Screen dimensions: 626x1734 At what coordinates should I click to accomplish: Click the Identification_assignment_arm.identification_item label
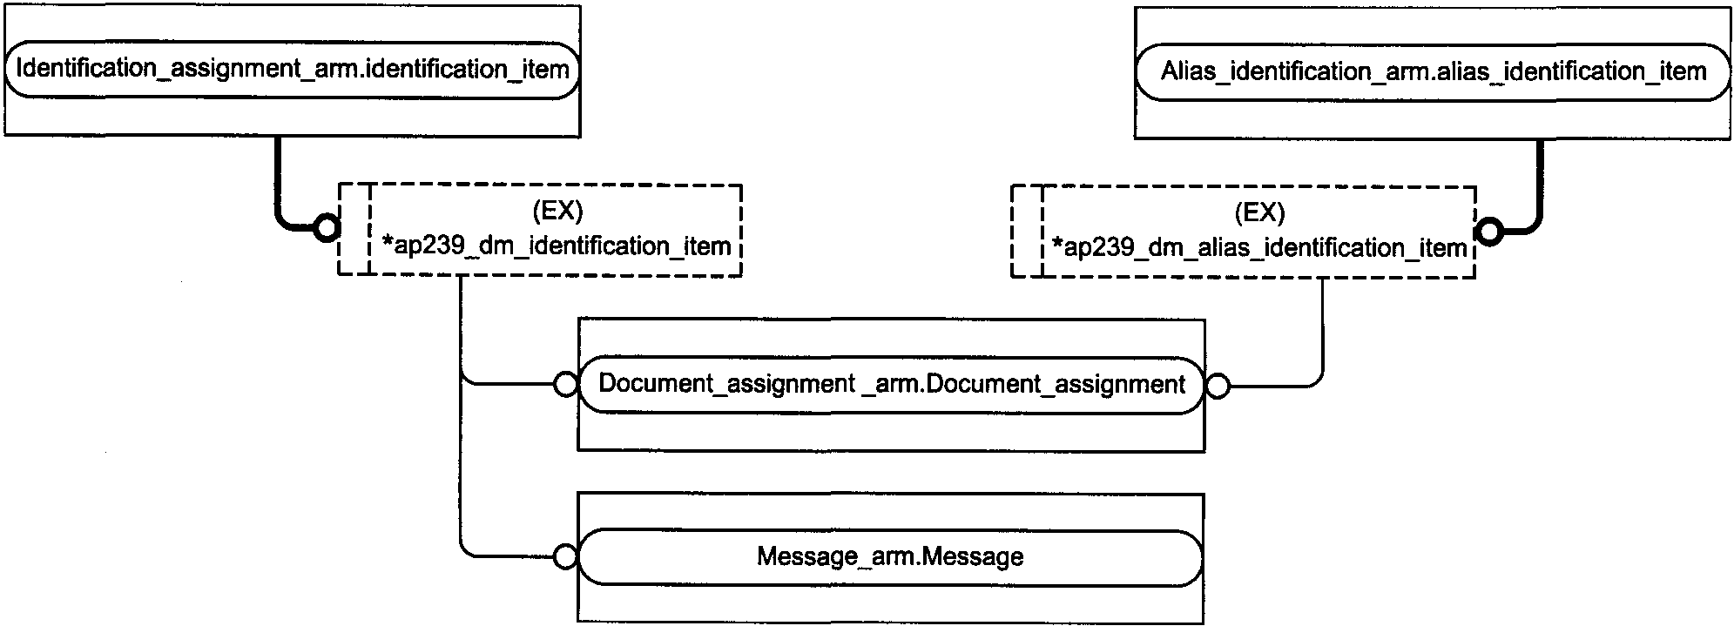[x=293, y=70]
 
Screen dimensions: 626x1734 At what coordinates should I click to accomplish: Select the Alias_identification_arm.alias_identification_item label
[x=1433, y=71]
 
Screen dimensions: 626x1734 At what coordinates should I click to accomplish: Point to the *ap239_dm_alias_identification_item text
[x=1259, y=249]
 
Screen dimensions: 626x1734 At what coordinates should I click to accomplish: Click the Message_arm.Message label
[x=890, y=557]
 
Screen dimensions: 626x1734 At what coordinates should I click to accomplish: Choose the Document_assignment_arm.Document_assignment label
[x=892, y=384]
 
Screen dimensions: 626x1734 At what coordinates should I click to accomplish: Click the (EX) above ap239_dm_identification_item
[x=557, y=212]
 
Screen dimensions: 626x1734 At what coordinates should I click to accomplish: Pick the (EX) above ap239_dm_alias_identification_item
[x=1259, y=212]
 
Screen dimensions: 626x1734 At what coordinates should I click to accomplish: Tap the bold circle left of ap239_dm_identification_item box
[x=327, y=229]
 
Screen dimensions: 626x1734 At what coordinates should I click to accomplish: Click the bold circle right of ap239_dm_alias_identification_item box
[x=1489, y=232]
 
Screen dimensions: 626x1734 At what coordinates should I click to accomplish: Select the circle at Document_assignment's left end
[x=565, y=384]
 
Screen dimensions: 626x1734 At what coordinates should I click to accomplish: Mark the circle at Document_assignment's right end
[x=1218, y=386]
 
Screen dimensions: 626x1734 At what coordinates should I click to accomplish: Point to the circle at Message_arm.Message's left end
[x=565, y=557]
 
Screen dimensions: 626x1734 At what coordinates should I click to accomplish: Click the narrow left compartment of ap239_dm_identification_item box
[x=354, y=230]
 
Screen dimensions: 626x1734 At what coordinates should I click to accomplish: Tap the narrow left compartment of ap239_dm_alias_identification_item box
[x=1027, y=232]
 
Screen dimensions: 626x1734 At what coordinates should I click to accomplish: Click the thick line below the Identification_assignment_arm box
[x=277, y=178]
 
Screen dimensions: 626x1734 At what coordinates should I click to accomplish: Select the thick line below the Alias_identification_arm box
[x=1540, y=183]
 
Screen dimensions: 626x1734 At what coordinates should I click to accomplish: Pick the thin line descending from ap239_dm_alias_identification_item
[x=1323, y=331]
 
